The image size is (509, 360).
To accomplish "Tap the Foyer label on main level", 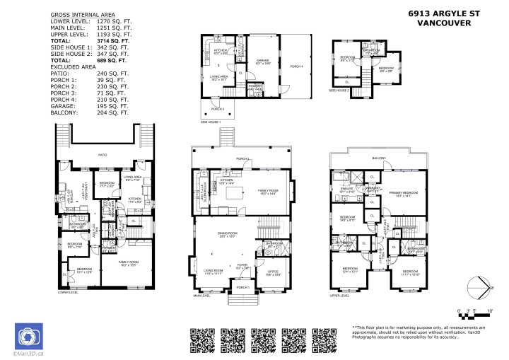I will (x=242, y=267).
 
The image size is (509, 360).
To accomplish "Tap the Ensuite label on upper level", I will (x=349, y=190).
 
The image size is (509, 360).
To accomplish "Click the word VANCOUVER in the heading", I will (x=447, y=22).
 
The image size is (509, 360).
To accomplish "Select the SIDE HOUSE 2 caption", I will (x=340, y=91).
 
